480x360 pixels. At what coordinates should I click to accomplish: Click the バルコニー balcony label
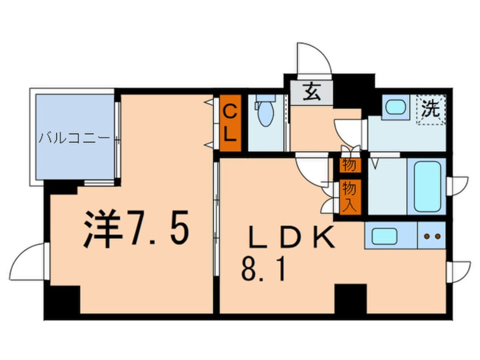click(75, 138)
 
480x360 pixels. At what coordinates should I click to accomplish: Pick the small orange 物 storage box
click(348, 165)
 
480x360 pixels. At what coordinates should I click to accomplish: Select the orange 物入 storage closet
click(348, 196)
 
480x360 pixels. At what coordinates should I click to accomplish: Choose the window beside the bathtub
click(457, 185)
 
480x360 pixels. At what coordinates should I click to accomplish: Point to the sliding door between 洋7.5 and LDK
click(216, 204)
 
